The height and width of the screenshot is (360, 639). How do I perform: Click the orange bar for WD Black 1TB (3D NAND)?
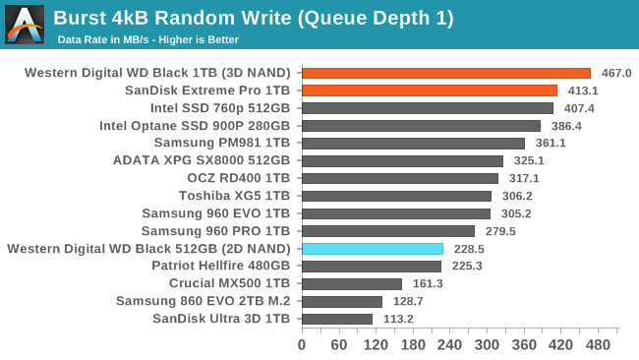445,73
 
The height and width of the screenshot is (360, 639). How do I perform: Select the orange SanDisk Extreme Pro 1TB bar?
429,90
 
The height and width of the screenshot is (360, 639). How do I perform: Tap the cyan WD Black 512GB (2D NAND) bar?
372,249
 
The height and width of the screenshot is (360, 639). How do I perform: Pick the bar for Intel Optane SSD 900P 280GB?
421,126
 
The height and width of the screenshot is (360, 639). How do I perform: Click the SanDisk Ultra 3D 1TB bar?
336,319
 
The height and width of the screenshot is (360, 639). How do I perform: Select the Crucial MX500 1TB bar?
351,284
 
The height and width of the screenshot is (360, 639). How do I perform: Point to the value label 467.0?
615,73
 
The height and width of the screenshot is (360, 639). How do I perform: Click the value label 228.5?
468,249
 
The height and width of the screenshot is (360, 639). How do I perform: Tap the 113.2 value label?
397,319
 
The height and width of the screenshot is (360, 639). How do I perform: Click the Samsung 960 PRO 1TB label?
222,231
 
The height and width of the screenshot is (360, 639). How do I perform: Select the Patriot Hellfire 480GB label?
220,267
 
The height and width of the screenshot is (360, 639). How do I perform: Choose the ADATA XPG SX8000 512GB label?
202,160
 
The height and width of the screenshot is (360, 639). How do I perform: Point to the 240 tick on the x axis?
449,345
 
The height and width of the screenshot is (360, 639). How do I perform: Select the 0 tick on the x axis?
302,345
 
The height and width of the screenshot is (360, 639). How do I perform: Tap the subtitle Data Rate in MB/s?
147,39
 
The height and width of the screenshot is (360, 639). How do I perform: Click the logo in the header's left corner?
25,24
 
